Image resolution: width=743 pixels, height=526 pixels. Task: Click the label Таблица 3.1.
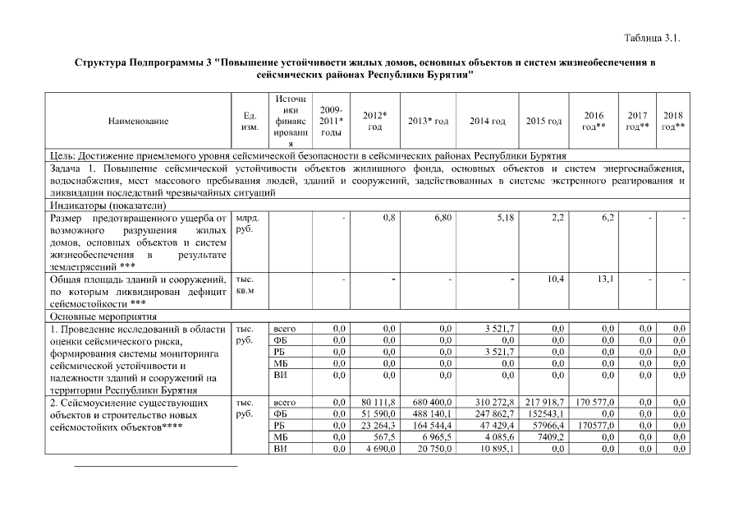[x=653, y=38]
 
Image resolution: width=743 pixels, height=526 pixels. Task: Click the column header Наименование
[x=138, y=122]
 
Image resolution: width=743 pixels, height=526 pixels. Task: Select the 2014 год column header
[x=488, y=122]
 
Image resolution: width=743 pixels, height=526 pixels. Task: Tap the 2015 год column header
[x=543, y=122]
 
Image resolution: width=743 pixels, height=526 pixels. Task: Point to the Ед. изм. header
[x=251, y=122]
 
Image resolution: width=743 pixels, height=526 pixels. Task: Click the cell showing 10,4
[x=555, y=280]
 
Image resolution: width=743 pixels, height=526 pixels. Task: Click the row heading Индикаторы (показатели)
[x=108, y=205]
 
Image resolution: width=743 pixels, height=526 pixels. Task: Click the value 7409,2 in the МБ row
[x=551, y=437]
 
